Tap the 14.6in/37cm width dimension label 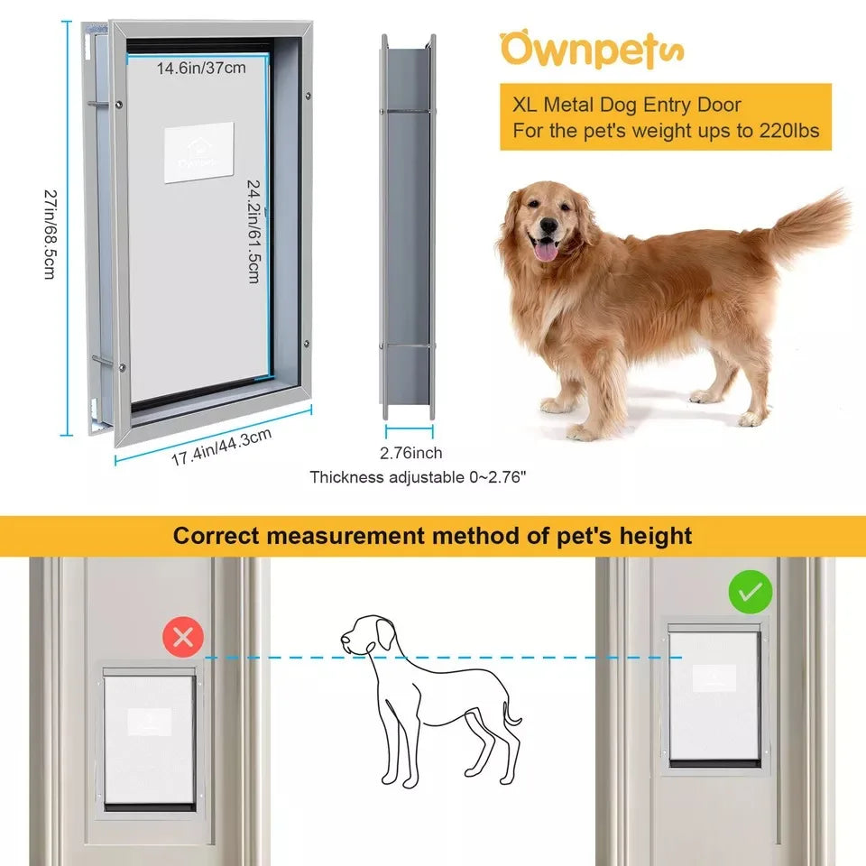coord(200,67)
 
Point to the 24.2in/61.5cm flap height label coord(254,230)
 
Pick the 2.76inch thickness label coord(411,453)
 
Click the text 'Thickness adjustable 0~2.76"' coord(418,476)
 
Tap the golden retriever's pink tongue coord(545,250)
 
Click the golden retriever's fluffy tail coord(807,226)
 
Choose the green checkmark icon coord(750,593)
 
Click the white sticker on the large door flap coord(198,152)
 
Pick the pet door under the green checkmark coord(714,696)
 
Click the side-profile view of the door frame coord(409,226)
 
